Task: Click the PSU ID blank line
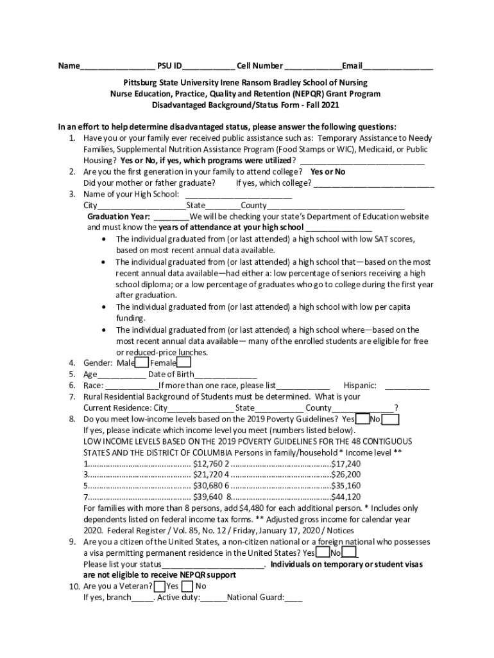[209, 66]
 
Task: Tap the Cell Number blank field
[312, 66]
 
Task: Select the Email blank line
[398, 66]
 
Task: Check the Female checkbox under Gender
[183, 363]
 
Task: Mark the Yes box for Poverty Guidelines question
[362, 420]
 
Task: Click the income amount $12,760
[208, 464]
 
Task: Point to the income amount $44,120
[346, 497]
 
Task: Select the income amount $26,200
[346, 475]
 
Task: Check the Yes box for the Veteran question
[159, 586]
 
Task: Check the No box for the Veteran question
[187, 586]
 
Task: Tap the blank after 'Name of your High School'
[239, 194]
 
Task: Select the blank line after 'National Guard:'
[294, 598]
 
